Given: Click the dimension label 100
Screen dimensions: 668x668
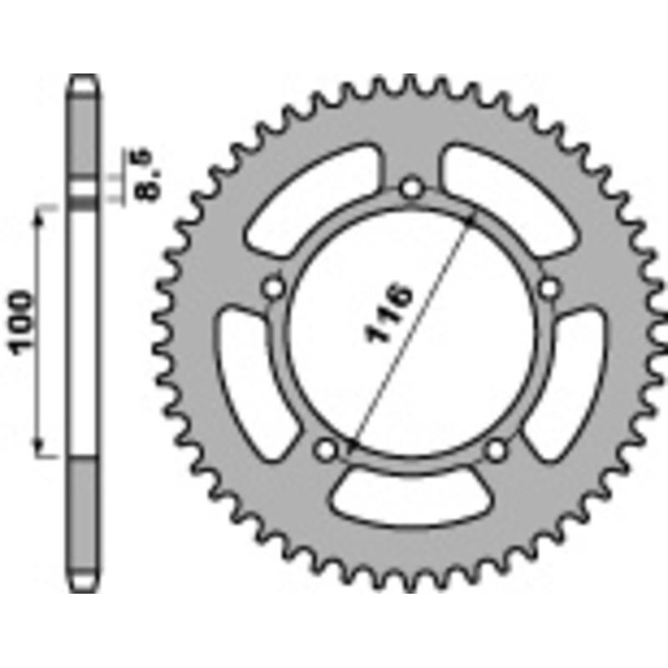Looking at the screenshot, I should [x=23, y=322].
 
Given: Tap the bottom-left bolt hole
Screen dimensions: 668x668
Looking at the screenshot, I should [x=325, y=450].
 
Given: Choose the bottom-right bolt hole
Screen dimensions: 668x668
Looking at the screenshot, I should [x=496, y=450].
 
